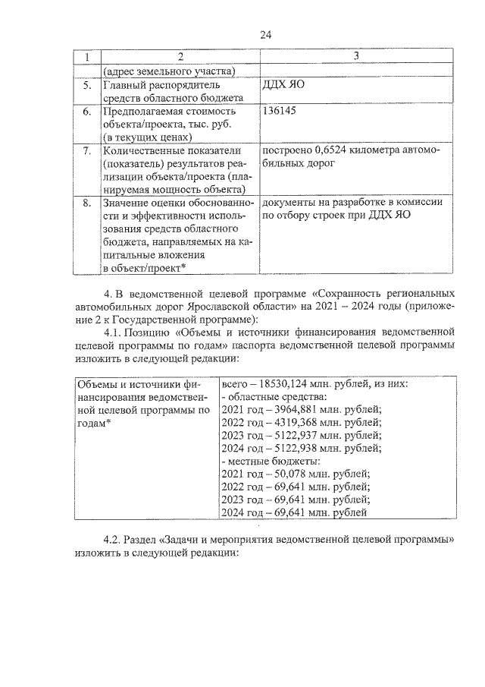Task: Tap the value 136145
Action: point(278,111)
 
